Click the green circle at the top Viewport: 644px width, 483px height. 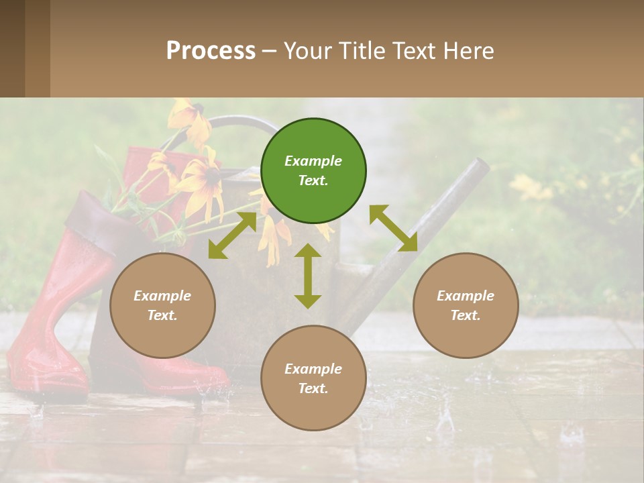pos(313,171)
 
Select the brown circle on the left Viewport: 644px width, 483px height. pos(162,305)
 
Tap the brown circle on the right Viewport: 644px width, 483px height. pos(466,305)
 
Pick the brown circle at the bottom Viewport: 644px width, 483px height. pos(313,378)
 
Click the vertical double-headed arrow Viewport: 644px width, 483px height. pos(308,276)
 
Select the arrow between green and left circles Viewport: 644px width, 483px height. pos(231,235)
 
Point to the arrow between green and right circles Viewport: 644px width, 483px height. pos(393,228)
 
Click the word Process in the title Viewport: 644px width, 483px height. pos(211,50)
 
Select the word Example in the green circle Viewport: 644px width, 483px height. pos(313,161)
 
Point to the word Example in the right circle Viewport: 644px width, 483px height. pos(466,296)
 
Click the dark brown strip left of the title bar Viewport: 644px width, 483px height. pos(12,48)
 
